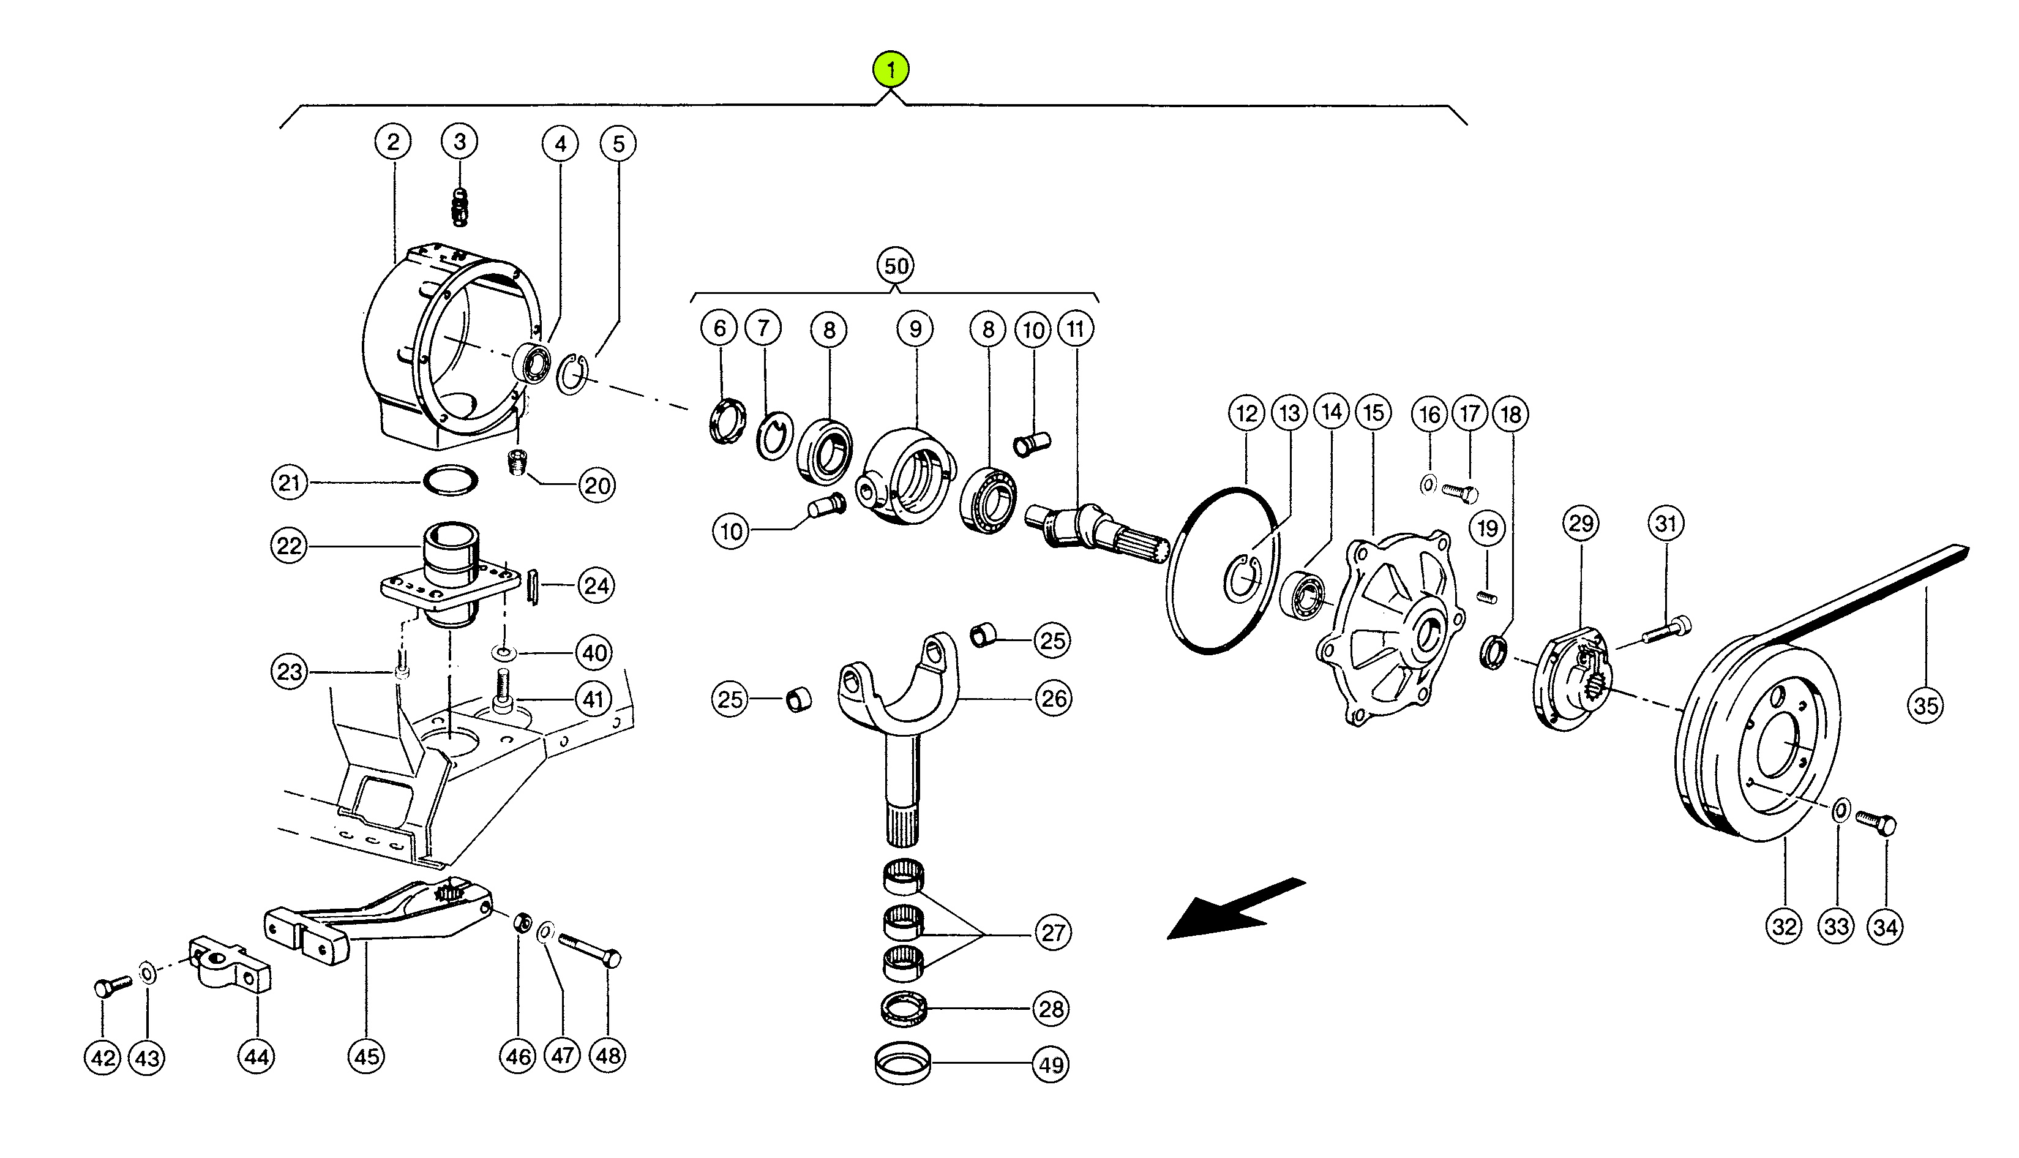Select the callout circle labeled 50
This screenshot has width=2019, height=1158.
(896, 266)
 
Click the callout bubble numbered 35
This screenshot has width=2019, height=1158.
(1925, 705)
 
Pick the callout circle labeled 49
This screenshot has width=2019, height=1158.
(1051, 1064)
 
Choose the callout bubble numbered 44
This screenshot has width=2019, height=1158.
(256, 1057)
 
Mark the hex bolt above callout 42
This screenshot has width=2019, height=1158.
(112, 986)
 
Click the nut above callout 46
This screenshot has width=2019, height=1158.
(522, 923)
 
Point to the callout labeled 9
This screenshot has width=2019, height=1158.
(915, 328)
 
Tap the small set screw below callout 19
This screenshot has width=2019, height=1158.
(1486, 596)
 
